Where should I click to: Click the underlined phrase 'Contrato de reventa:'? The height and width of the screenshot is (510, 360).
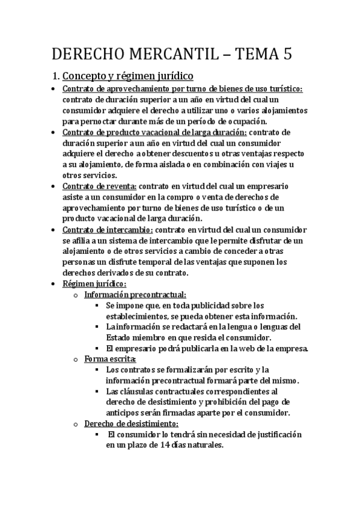100,186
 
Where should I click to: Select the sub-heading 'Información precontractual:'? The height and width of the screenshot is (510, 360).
135,295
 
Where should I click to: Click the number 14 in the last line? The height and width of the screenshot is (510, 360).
177,446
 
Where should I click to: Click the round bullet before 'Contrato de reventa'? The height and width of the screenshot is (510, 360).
54,187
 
